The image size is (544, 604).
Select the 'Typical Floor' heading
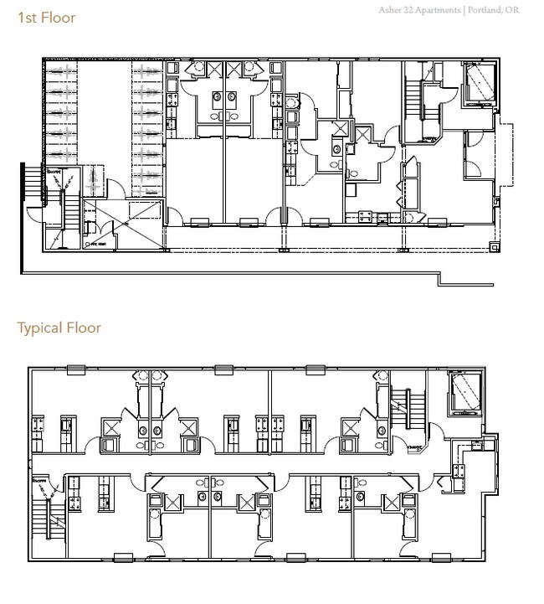[x=59, y=328]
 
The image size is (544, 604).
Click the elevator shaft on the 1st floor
[x=479, y=84]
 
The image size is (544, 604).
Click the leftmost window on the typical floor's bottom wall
[x=122, y=557]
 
